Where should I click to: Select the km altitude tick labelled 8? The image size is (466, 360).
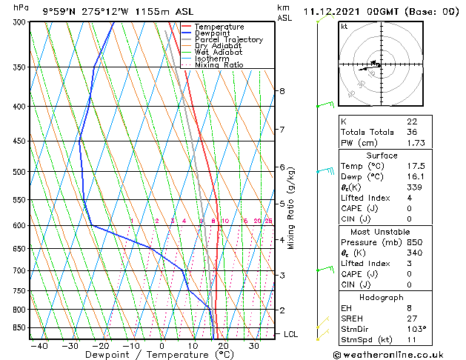[x=282, y=91]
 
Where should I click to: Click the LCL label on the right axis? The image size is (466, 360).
[x=290, y=334]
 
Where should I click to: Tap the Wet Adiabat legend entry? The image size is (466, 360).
[x=218, y=52]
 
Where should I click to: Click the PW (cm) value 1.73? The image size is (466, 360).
[x=413, y=142]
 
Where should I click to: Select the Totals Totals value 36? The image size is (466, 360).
[x=411, y=132]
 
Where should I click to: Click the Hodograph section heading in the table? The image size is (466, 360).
[x=382, y=297]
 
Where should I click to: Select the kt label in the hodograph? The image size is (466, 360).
[x=344, y=27]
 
